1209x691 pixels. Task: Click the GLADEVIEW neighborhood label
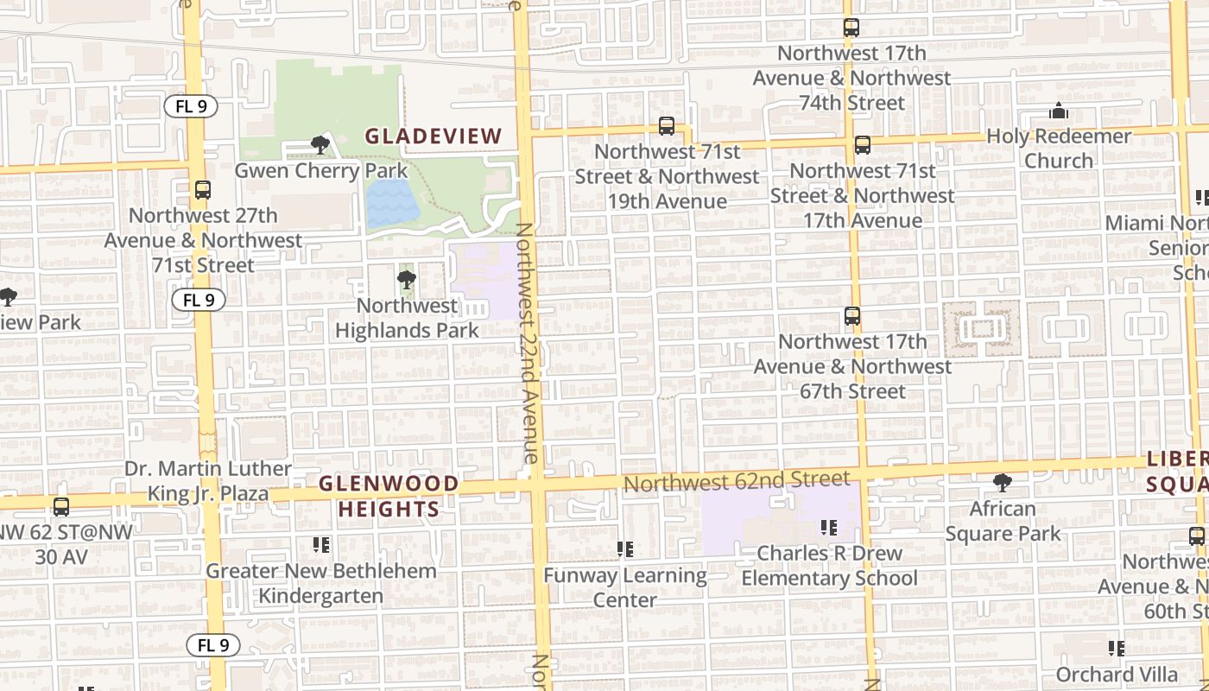433,136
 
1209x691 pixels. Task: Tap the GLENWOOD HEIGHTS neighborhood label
389,496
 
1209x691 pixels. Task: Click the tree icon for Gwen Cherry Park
320,145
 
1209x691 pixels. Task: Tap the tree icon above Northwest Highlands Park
406,280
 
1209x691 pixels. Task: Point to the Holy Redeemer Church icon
1059,111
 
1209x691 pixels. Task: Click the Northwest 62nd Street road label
737,480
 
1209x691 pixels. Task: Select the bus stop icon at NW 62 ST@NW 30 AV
60,507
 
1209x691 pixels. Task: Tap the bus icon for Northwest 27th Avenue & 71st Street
203,190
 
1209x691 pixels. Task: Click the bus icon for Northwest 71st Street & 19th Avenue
667,126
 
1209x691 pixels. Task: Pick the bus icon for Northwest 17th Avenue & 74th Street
851,28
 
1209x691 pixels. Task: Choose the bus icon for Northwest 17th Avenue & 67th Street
852,316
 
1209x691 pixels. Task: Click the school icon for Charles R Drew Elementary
829,527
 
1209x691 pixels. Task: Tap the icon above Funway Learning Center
625,549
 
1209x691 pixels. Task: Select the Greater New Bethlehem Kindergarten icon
321,545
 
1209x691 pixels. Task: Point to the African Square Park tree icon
1002,483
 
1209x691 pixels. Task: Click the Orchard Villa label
1117,674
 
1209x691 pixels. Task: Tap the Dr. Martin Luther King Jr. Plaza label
208,481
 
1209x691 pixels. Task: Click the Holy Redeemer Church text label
1059,149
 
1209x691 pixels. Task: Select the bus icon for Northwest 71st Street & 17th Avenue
862,145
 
